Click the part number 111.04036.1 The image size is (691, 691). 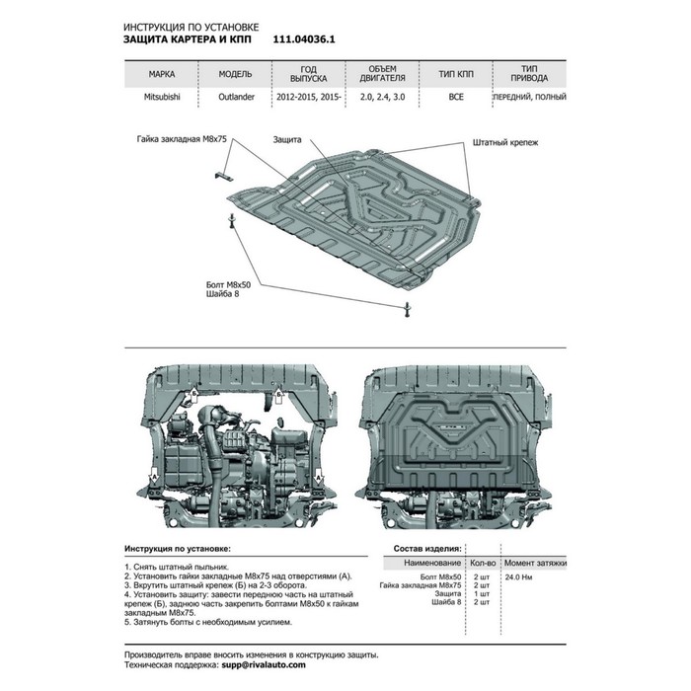(x=304, y=39)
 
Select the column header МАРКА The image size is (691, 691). (x=161, y=74)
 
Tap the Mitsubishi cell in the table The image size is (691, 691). (x=162, y=97)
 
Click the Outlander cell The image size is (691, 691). (x=236, y=97)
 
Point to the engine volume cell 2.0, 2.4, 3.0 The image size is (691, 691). (x=382, y=97)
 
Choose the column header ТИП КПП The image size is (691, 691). (x=456, y=74)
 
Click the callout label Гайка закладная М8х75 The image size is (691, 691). (x=182, y=139)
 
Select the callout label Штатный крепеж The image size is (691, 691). (x=505, y=142)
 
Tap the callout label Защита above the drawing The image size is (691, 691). (x=287, y=140)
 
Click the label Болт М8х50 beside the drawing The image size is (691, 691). (x=228, y=284)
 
